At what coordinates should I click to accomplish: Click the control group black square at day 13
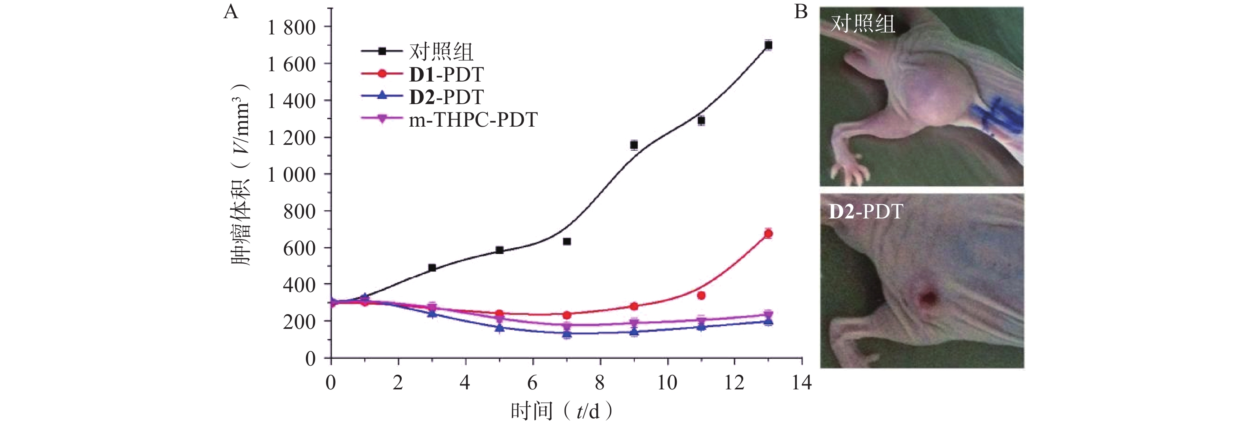tap(768, 45)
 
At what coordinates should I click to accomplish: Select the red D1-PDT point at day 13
tap(768, 234)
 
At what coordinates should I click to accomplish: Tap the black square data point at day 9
tap(634, 145)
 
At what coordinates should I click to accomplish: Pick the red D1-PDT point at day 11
tap(701, 295)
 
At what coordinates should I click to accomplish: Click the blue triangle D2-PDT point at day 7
tap(567, 333)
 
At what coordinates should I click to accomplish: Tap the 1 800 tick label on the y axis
tap(291, 28)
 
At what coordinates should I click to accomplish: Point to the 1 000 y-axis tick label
tap(291, 175)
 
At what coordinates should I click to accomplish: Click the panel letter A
tap(231, 11)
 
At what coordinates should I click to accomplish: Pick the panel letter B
tap(801, 11)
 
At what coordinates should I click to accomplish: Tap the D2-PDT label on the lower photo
tap(866, 212)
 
